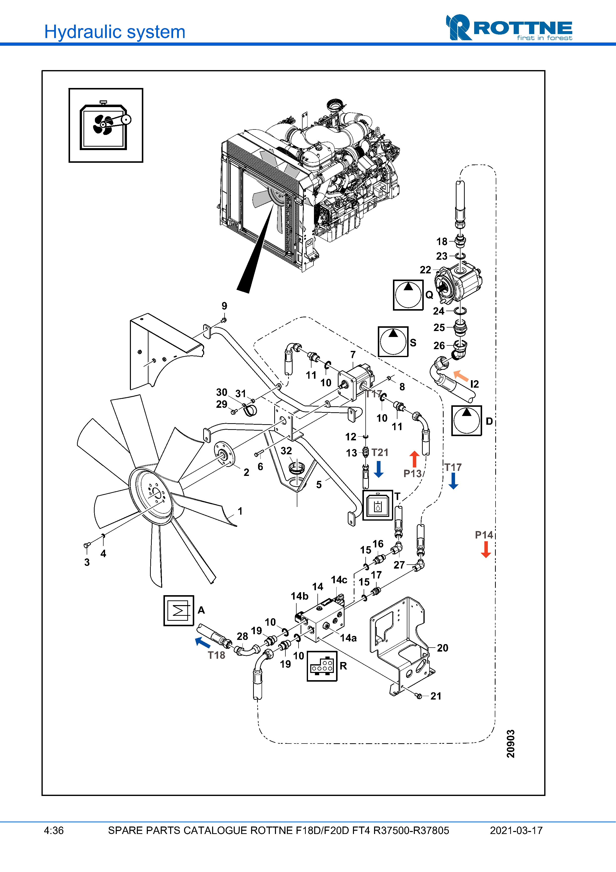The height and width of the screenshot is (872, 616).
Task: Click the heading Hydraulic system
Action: tap(115, 32)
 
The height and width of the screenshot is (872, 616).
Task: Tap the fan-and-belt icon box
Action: tap(106, 125)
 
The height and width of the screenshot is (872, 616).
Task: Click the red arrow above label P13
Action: tap(415, 459)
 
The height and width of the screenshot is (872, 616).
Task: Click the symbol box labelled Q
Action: tap(408, 295)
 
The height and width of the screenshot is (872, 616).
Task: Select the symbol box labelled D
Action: tap(466, 420)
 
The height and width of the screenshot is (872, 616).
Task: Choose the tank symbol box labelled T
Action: tap(378, 505)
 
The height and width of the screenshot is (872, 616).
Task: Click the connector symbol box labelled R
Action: tap(322, 666)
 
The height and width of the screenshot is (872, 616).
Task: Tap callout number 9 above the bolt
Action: tap(224, 306)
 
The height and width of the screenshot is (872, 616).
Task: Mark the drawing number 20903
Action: tap(511, 743)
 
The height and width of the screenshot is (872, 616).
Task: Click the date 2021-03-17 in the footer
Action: tap(516, 830)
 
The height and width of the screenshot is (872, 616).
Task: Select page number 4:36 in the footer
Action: tap(54, 830)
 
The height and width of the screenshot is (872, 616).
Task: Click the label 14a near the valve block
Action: tap(348, 638)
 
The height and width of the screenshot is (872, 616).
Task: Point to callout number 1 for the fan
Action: tap(240, 511)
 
